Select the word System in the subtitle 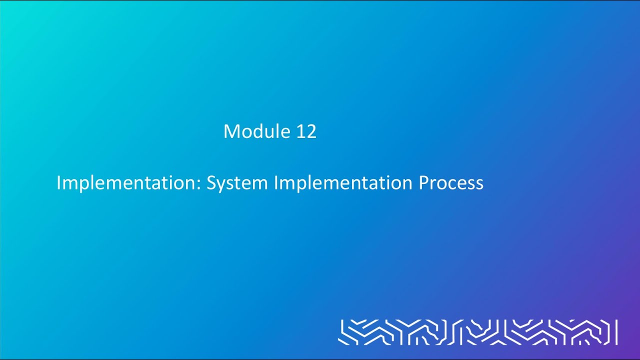pyautogui.click(x=237, y=183)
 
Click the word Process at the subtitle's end pyautogui.click(x=451, y=183)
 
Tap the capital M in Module pyautogui.click(x=230, y=131)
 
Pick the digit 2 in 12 pyautogui.click(x=311, y=131)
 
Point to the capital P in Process pyautogui.click(x=423, y=183)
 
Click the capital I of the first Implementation pyautogui.click(x=58, y=183)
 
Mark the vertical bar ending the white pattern pyautogui.click(x=616, y=332)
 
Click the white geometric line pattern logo pyautogui.click(x=475, y=332)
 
